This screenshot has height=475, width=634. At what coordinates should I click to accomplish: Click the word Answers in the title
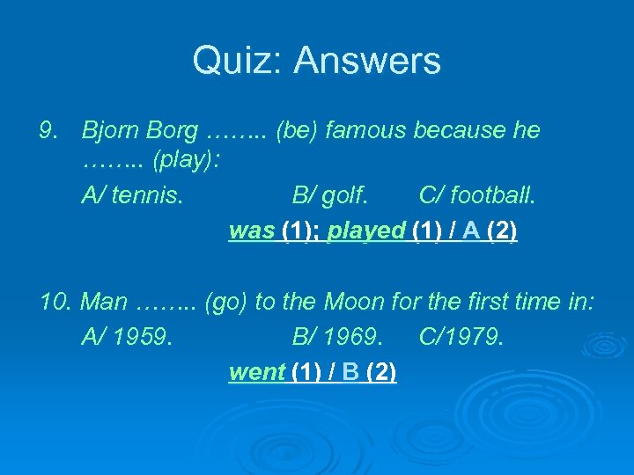pos(367,61)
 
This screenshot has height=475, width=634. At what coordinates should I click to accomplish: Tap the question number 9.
pos(48,131)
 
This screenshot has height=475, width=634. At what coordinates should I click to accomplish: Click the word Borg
pos(173,131)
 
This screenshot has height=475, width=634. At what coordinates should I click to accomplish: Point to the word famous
pos(366,131)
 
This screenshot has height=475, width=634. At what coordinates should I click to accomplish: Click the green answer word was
pos(252,230)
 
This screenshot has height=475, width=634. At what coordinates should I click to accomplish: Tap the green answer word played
pos(365,230)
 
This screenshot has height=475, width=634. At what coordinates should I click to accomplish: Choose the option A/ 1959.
pos(127,338)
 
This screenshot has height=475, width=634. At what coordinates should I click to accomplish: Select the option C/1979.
pos(461,338)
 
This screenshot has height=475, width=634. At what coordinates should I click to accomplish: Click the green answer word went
pos(256,372)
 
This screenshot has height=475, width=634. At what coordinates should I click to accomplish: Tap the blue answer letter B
pos(350,372)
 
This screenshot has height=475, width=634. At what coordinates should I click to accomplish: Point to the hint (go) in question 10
pos(225,303)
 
